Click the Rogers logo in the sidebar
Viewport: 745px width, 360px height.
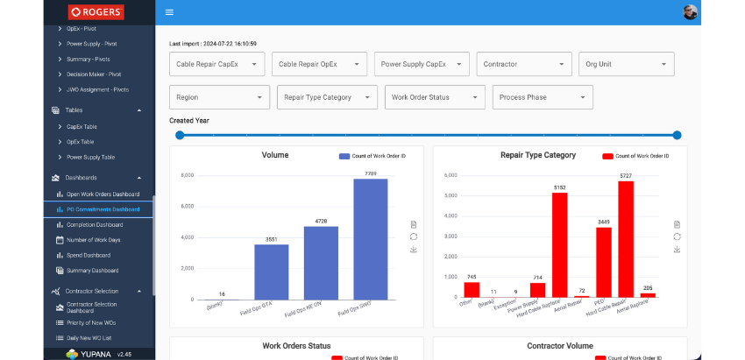96,12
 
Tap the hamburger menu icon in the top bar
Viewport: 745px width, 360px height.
169,12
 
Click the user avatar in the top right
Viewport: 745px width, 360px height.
691,12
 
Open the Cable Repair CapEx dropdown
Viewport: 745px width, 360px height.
216,64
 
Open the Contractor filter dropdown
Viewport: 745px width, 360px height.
524,64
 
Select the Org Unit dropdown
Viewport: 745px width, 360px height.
627,64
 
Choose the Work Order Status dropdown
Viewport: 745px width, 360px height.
435,97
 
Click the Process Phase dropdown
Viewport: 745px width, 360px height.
543,97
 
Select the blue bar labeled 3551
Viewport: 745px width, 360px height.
272,272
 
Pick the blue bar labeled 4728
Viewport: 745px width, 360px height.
321,263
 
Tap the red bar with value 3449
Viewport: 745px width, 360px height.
603,262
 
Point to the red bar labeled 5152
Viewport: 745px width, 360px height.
559,244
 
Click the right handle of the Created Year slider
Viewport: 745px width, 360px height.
677,135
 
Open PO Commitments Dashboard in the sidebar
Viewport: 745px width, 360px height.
103,209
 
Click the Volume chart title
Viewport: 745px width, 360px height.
275,155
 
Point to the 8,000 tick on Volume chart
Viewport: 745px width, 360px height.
187,175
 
